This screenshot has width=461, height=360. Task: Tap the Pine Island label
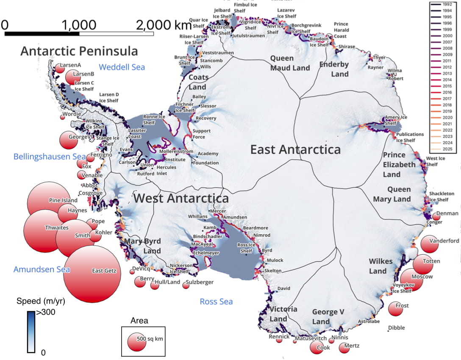[x=63, y=200]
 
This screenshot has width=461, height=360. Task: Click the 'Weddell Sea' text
[x=122, y=67]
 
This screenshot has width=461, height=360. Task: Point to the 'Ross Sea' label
[x=216, y=302]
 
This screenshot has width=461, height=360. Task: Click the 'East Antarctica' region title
[x=295, y=150]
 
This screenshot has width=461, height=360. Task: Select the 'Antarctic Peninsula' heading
[x=79, y=51]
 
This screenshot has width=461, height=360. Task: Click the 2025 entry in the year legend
[x=445, y=149]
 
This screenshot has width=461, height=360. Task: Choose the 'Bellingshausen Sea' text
[x=49, y=156]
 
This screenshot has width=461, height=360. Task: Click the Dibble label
[x=396, y=328]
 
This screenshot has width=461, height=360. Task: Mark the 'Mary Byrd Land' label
[x=143, y=246]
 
